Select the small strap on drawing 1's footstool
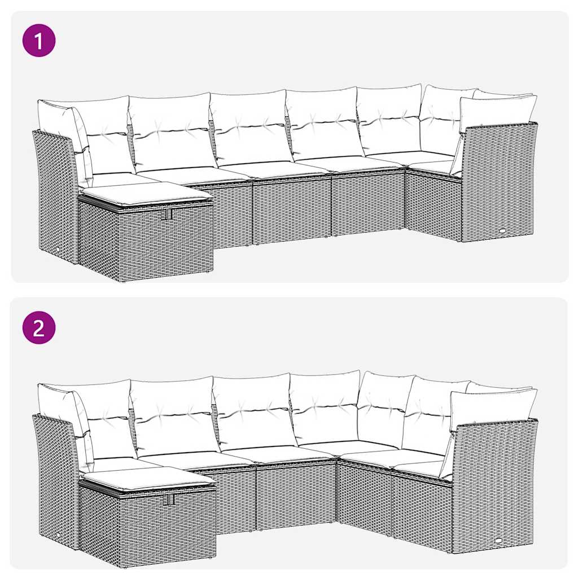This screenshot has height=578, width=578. pyautogui.click(x=167, y=215)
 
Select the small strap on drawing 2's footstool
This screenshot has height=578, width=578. pyautogui.click(x=168, y=500)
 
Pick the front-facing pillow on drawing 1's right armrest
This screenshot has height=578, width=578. pyautogui.click(x=497, y=112)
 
